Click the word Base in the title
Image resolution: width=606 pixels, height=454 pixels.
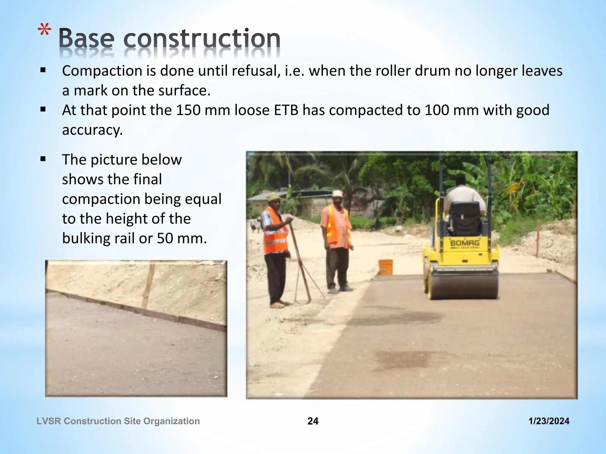click(86, 38)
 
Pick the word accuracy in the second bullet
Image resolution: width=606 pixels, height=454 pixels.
click(92, 130)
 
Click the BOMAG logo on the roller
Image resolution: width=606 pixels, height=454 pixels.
click(465, 243)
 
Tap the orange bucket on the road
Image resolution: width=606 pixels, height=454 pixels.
click(386, 267)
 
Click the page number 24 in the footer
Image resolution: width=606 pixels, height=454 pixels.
click(313, 421)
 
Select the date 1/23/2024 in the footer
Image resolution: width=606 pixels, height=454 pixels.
click(549, 421)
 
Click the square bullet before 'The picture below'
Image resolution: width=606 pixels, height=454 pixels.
click(43, 160)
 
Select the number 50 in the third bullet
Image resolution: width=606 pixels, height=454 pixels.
click(165, 238)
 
